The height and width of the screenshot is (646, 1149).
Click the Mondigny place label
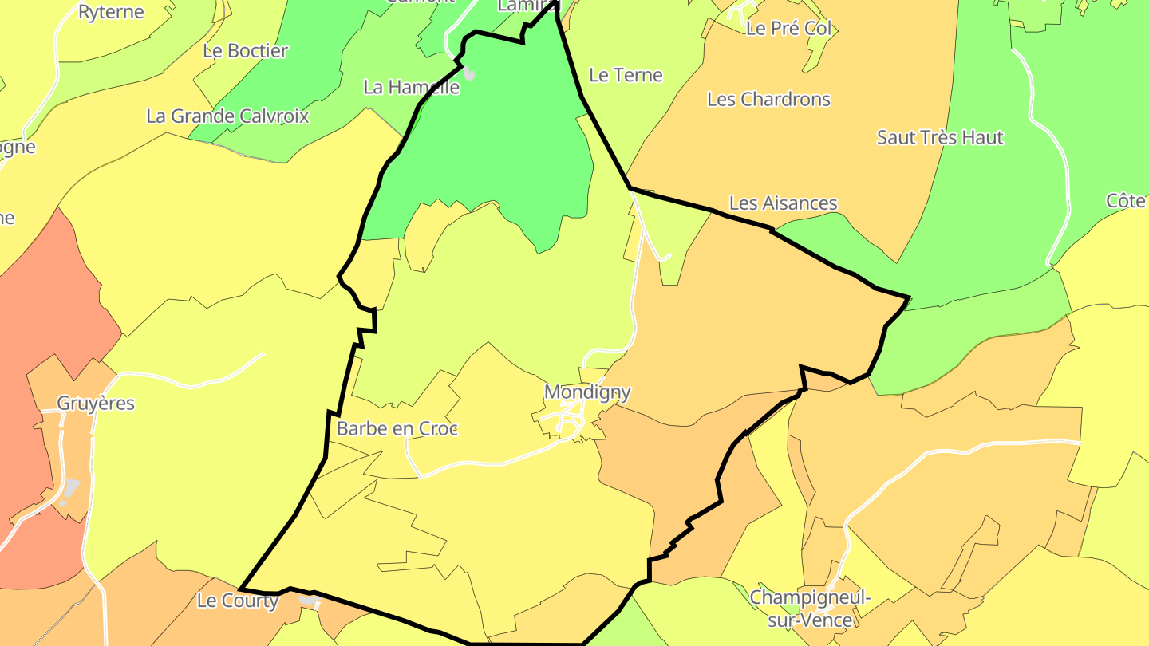[x=587, y=392]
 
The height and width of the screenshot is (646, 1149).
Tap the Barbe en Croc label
[x=397, y=428]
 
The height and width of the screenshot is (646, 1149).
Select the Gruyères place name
[x=96, y=403]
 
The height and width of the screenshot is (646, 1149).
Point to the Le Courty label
[x=238, y=601]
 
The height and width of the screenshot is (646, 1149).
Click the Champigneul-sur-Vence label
[x=810, y=608]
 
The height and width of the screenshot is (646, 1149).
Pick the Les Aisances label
[x=783, y=203]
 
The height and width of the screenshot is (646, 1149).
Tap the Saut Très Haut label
[x=940, y=137]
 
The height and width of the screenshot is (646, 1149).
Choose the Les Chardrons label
[x=768, y=100]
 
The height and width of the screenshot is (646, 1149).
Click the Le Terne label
[x=626, y=75]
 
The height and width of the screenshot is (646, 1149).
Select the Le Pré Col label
[x=788, y=29]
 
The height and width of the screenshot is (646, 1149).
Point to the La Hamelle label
[x=411, y=87]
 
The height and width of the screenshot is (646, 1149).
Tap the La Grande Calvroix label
[x=227, y=116]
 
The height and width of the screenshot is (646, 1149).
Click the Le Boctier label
[x=245, y=50]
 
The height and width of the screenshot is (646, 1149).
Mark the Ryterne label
[x=111, y=12]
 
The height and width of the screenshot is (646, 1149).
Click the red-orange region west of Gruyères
[x=32, y=319]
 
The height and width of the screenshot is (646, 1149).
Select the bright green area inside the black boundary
[x=495, y=136]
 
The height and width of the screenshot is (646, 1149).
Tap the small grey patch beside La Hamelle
[x=469, y=74]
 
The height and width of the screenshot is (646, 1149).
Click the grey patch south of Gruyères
[x=71, y=486]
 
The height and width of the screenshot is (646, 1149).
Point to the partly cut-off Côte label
[x=1127, y=200]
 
